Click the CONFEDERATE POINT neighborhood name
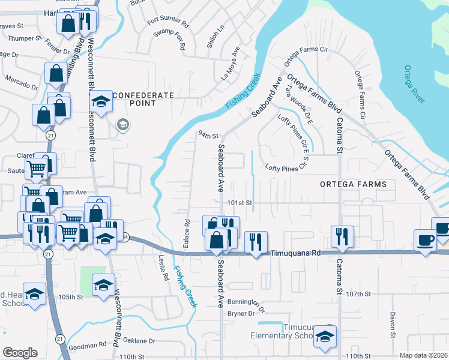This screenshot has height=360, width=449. pos(143,99)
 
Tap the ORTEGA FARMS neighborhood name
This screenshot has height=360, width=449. pos(353,184)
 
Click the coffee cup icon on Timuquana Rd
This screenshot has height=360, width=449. pos(426,240)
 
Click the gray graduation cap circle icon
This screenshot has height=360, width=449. pos(123,125)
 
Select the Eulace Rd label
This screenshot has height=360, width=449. pos(187,231)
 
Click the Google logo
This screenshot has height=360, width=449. pos(20,352)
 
